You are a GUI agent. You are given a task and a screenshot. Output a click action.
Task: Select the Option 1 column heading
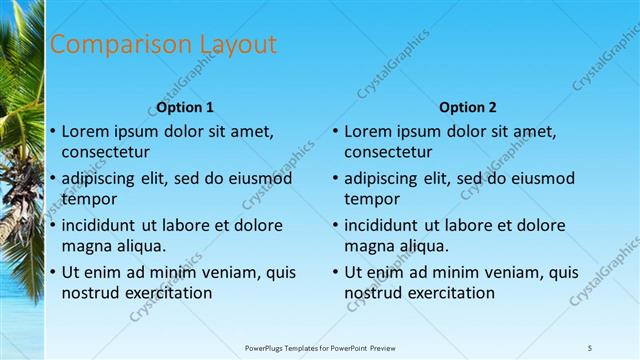(x=185, y=107)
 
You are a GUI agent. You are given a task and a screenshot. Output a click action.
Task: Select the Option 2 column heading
(x=467, y=107)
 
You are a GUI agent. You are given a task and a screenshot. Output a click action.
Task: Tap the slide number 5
(x=590, y=347)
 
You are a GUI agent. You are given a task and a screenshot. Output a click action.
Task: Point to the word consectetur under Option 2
(x=389, y=153)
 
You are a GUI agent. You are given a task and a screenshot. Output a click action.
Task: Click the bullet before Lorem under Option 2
(x=335, y=131)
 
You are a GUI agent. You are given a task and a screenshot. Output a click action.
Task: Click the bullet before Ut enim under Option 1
(x=52, y=271)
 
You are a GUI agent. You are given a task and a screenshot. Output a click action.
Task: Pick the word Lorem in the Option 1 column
(x=85, y=131)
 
